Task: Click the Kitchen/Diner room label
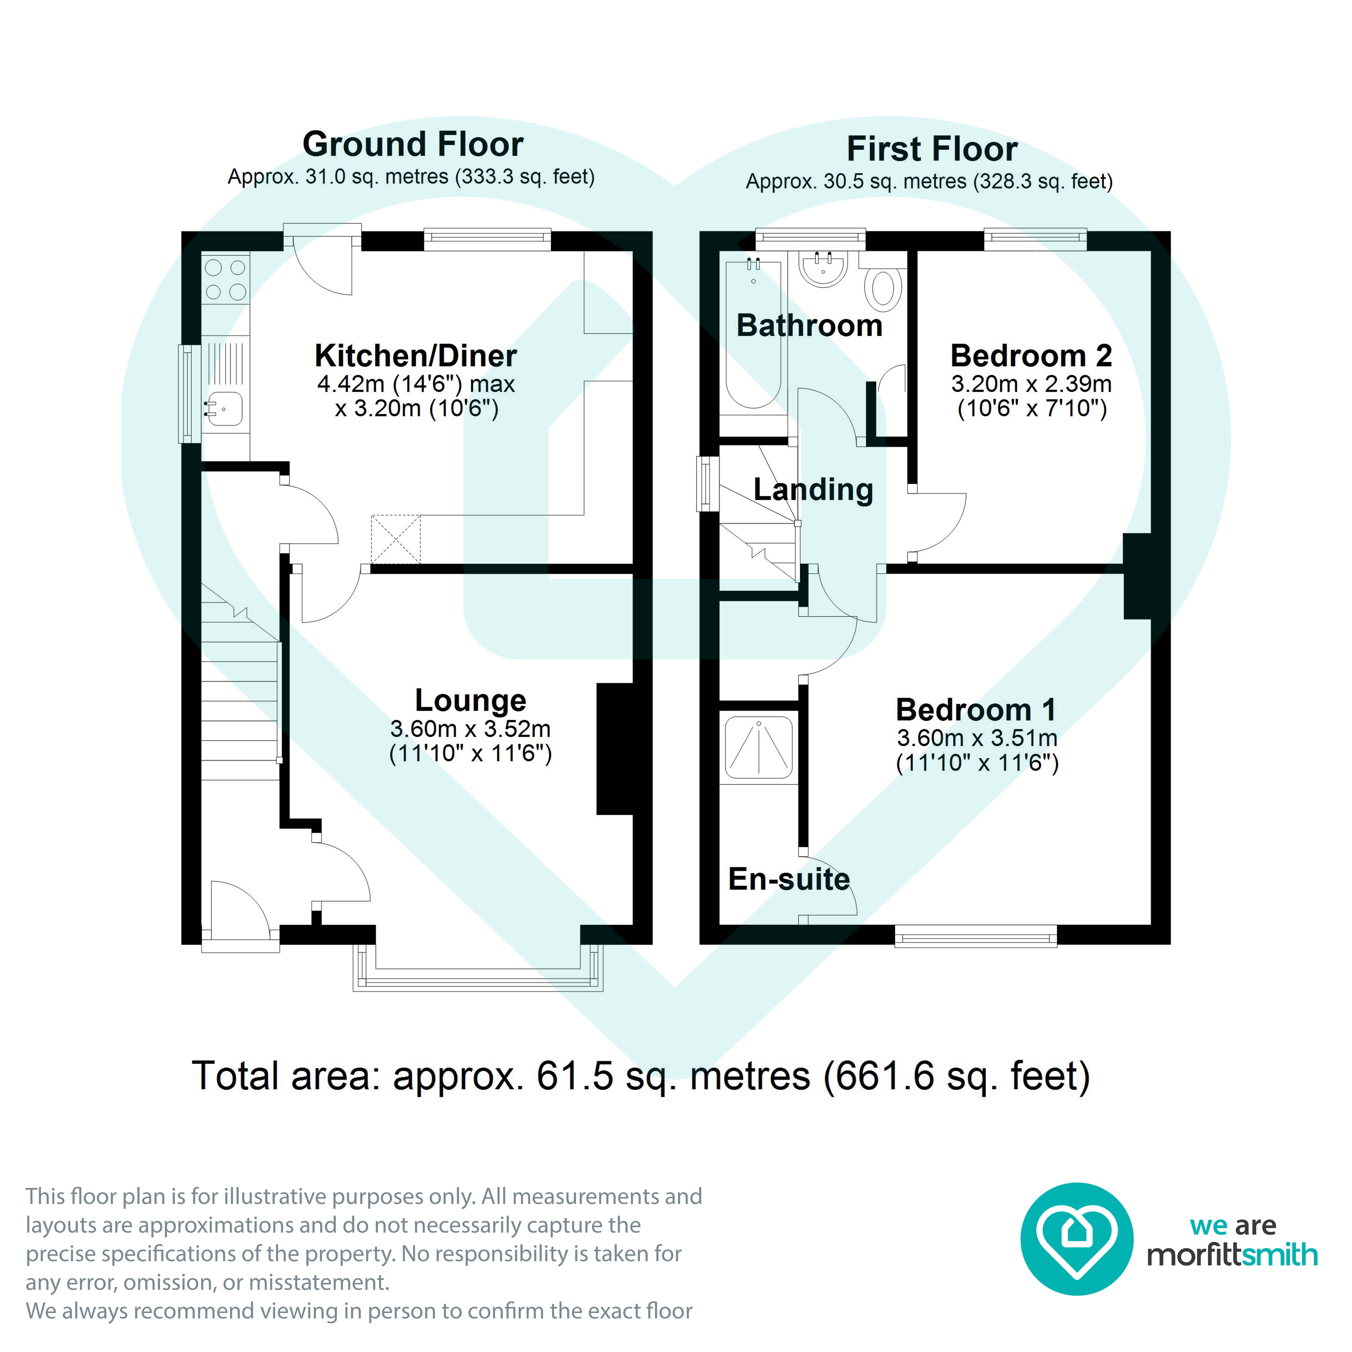416,356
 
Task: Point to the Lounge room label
470,701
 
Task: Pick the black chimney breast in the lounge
614,749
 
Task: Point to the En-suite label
789,879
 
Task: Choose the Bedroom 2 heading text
1031,356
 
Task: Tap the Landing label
813,490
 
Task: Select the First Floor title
932,149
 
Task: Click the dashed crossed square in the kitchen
395,539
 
